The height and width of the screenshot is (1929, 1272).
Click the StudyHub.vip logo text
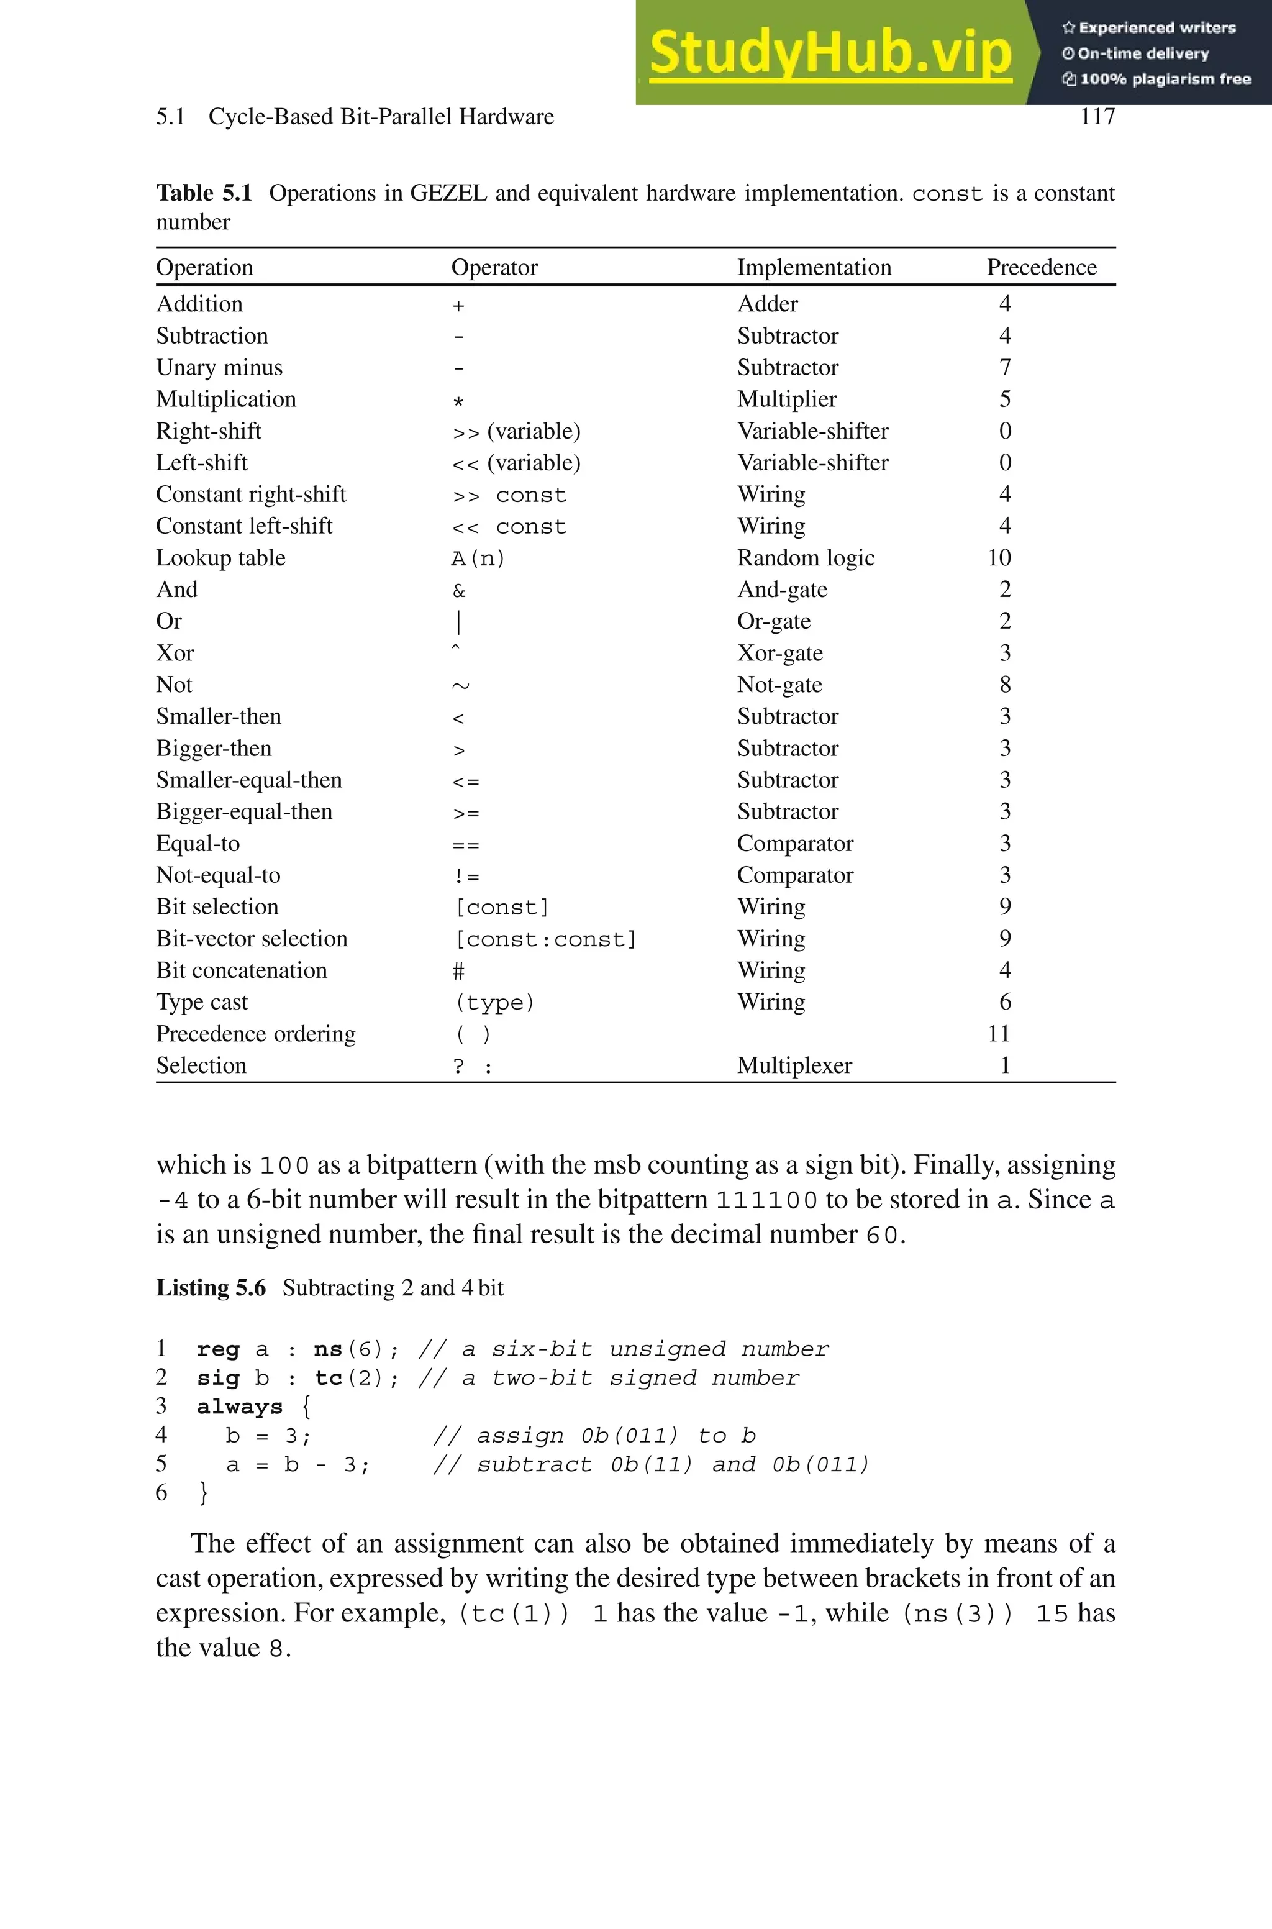click(830, 53)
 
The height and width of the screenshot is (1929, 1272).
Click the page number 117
click(1097, 117)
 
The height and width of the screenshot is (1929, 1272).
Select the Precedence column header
click(1041, 268)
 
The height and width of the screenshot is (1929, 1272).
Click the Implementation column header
click(814, 268)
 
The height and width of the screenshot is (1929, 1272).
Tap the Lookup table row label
click(220, 558)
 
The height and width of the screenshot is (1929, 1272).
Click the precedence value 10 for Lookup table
click(999, 558)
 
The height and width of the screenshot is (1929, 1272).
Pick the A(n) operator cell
click(478, 559)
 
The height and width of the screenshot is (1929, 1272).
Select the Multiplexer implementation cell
click(794, 1066)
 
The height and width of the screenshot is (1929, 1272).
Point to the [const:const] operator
click(545, 939)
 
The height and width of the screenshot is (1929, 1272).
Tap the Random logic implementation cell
click(806, 558)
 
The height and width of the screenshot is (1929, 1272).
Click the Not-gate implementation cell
click(779, 685)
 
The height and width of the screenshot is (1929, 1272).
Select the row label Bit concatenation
click(242, 971)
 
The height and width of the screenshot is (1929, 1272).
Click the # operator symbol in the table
click(458, 972)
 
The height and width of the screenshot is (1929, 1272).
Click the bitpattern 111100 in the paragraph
click(766, 1200)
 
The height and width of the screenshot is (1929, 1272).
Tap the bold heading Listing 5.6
click(211, 1288)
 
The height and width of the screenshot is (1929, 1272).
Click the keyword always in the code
click(239, 1407)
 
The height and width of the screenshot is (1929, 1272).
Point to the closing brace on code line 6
click(203, 1493)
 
